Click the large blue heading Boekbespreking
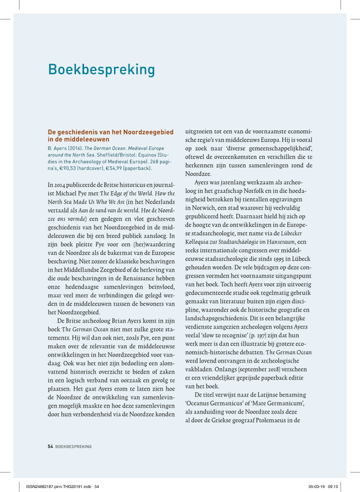coord(101,68)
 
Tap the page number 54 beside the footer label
coord(50,446)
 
